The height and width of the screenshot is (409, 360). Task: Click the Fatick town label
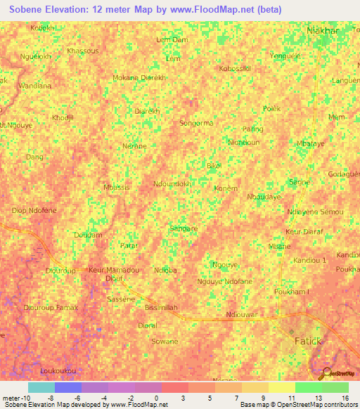(307, 341)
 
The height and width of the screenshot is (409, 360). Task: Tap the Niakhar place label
(323, 31)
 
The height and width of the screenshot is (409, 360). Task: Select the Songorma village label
(196, 123)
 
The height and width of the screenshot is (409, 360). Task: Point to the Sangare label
(184, 228)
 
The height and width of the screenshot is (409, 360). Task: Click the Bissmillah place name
(162, 308)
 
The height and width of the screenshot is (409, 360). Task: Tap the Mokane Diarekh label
(139, 78)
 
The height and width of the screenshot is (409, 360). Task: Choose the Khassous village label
(82, 51)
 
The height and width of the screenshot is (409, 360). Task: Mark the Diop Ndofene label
(34, 210)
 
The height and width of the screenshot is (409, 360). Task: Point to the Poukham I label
(292, 291)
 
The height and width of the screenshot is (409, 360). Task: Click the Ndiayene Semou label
(315, 212)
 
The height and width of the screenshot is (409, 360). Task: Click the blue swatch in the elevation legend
(68, 387)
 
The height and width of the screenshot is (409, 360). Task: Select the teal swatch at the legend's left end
(41, 387)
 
